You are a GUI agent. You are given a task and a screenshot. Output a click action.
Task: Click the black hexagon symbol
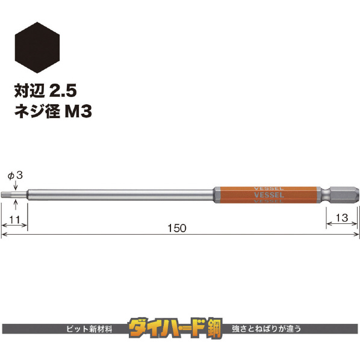tap(37, 48)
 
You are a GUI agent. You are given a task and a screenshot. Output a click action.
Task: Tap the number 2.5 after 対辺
tap(63, 91)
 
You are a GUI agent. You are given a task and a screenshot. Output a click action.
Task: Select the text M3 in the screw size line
tap(78, 111)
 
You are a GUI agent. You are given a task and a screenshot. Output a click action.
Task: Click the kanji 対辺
tap(29, 91)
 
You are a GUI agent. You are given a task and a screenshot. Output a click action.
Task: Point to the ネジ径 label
tap(37, 111)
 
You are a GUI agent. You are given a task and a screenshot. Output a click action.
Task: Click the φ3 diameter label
tap(15, 176)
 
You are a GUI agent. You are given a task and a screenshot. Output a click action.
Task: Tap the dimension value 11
tap(14, 220)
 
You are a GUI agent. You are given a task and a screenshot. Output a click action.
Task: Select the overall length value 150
tap(177, 228)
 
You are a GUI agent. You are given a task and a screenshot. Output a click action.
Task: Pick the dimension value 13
tap(341, 218)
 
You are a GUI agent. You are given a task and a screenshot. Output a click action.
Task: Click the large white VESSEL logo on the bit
tap(269, 195)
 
